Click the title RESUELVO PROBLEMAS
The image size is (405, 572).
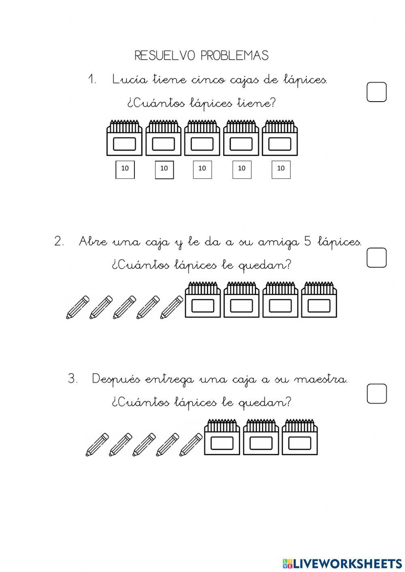tap(201, 55)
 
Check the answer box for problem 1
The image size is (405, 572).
tap(376, 92)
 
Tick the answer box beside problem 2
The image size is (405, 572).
tap(376, 257)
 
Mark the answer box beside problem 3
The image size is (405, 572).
tap(377, 393)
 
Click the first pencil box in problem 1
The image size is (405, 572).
tap(124, 138)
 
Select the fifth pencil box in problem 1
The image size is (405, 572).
tap(280, 138)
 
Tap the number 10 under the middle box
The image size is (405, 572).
tap(202, 169)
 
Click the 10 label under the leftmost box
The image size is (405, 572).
tap(125, 169)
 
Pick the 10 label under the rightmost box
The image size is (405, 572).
tap(281, 169)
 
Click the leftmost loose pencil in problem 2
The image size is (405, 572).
tap(77, 307)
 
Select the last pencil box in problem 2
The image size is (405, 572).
tap(319, 300)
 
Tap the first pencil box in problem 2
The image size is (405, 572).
tap(202, 300)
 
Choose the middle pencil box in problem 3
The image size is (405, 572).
tap(261, 438)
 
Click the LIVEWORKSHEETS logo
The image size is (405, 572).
tap(342, 563)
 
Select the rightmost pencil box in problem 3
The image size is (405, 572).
tap(300, 438)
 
